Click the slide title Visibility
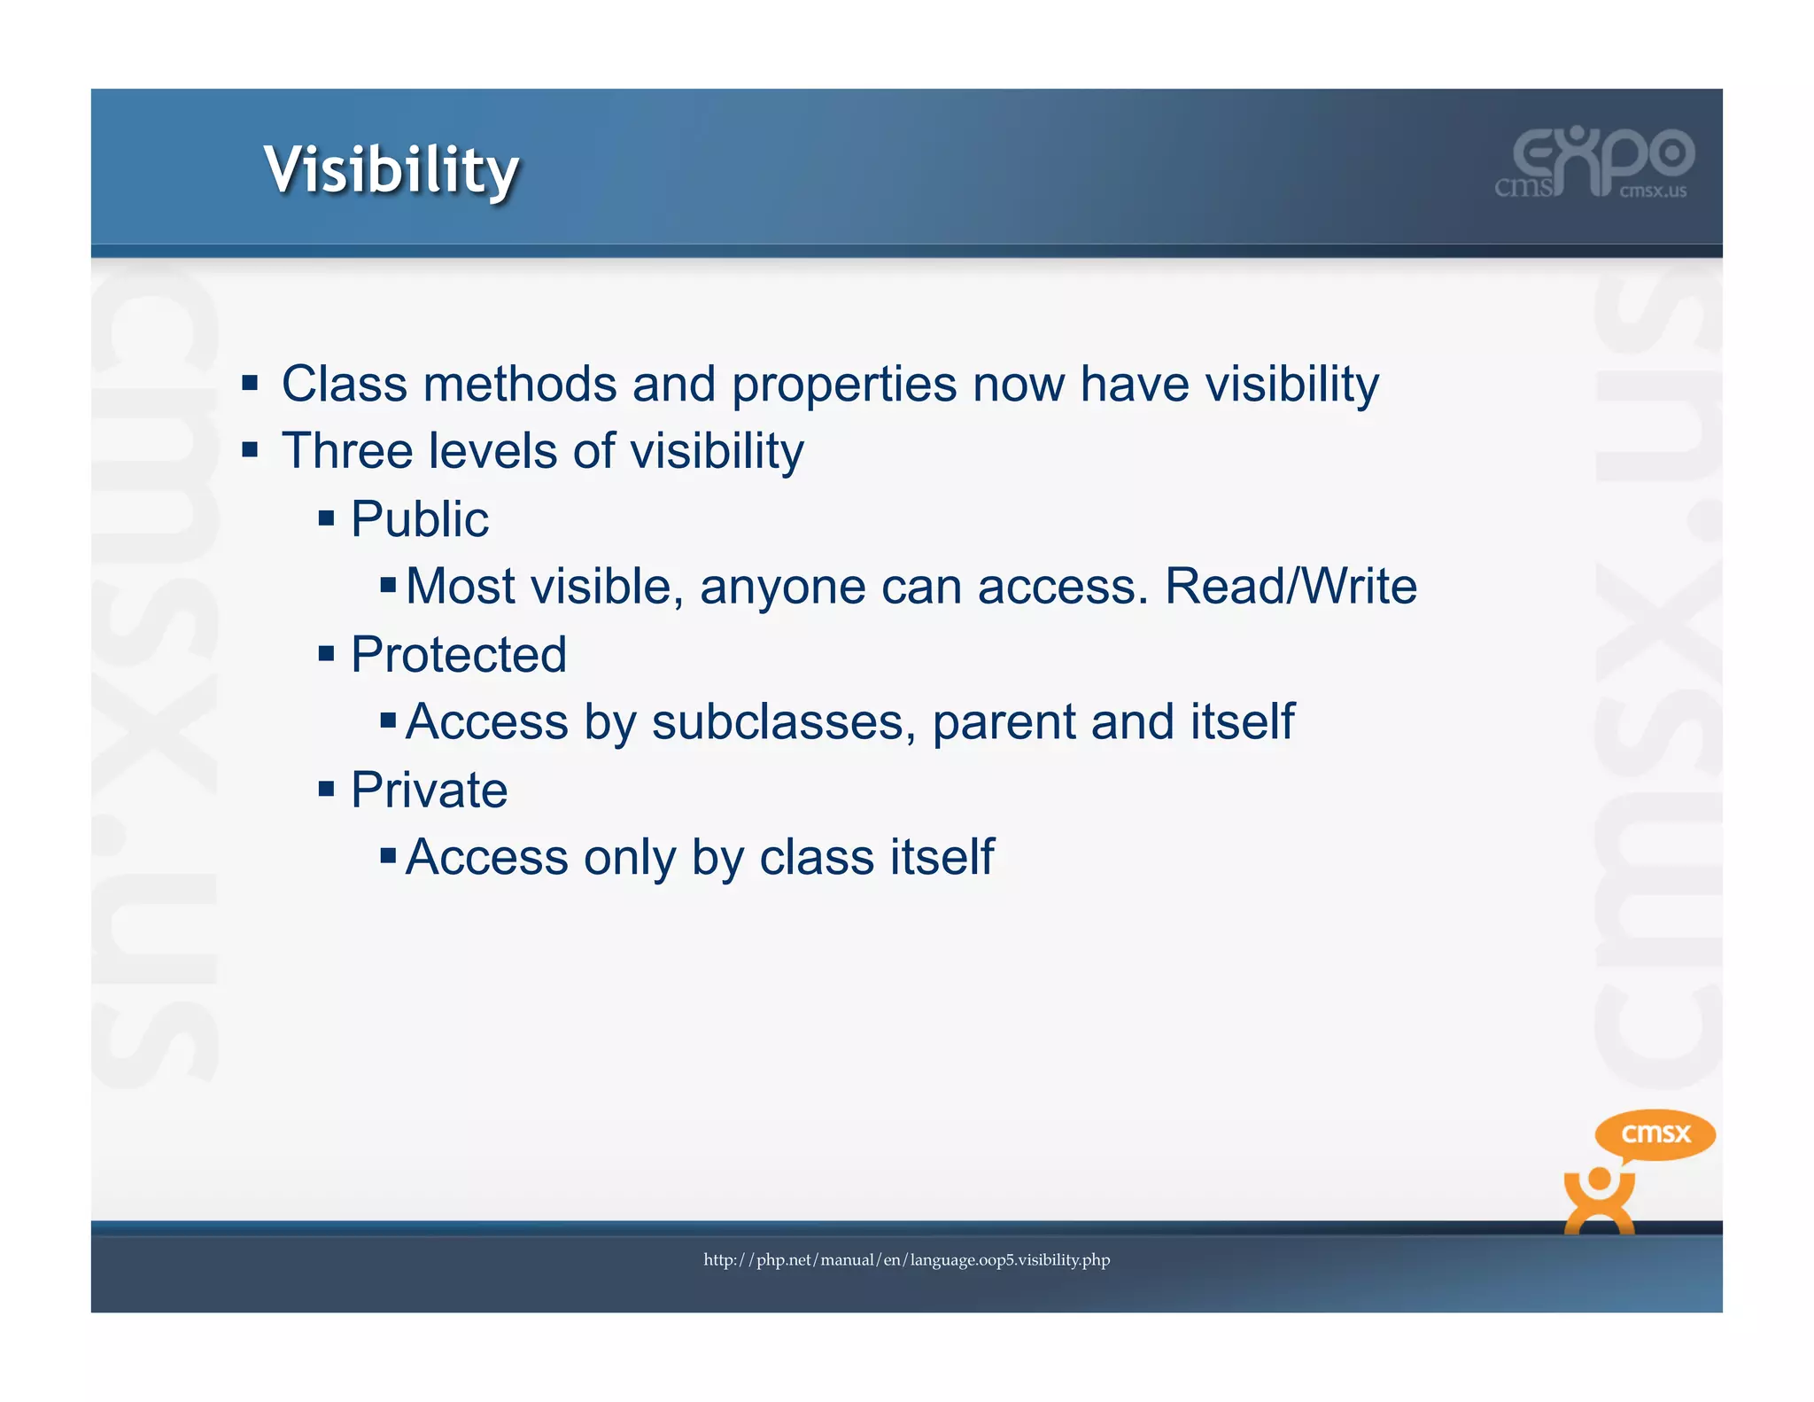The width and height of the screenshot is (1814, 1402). tap(391, 170)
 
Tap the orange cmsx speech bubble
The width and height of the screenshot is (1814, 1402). tap(1655, 1134)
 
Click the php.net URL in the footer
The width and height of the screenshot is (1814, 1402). tap(906, 1259)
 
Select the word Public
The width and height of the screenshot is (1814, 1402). tap(419, 519)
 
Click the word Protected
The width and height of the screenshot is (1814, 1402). tap(458, 655)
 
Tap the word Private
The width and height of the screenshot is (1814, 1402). tap(429, 790)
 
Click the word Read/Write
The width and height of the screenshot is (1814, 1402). tap(1291, 587)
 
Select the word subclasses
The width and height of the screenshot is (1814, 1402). tap(784, 722)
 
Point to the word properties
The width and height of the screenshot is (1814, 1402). tap(844, 385)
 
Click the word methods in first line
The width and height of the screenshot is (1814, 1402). tap(520, 385)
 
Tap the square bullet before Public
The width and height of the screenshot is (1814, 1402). tap(327, 518)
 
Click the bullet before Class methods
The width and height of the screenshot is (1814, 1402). tap(250, 384)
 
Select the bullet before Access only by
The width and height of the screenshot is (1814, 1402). tap(388, 856)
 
